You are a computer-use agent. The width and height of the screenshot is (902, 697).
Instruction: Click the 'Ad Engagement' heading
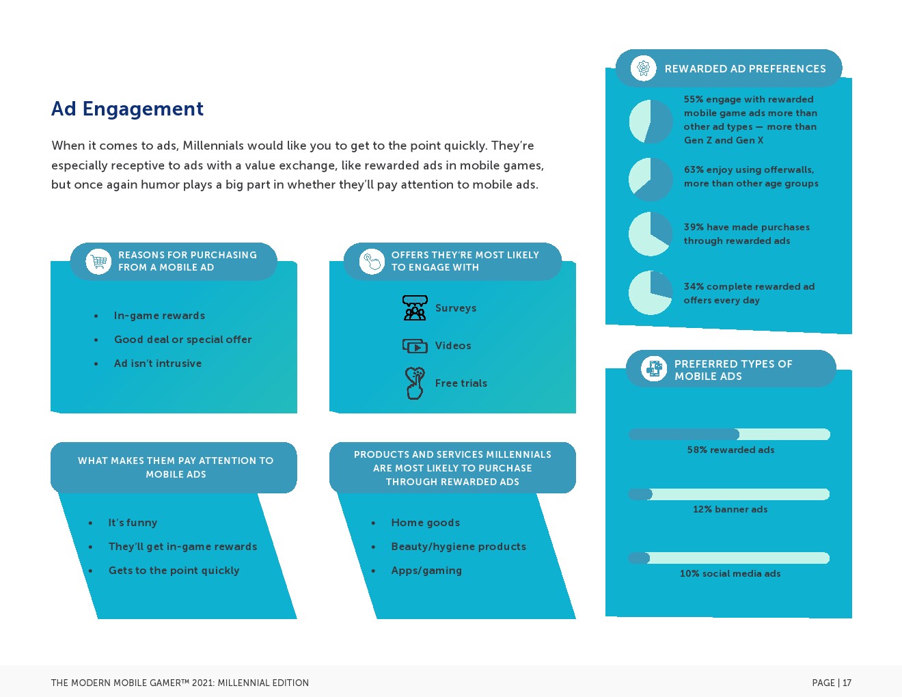pyautogui.click(x=127, y=109)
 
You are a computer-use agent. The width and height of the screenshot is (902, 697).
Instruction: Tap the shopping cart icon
pyautogui.click(x=98, y=262)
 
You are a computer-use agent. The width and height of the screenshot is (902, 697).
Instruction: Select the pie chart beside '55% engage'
pyautogui.click(x=651, y=121)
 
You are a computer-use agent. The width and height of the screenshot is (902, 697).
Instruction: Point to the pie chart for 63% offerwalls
pyautogui.click(x=651, y=179)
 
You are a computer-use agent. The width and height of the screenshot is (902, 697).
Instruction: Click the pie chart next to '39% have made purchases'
pyautogui.click(x=651, y=234)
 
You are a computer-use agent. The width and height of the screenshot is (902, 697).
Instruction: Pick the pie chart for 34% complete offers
pyautogui.click(x=651, y=292)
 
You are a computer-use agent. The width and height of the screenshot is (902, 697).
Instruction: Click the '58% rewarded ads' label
pyautogui.click(x=730, y=450)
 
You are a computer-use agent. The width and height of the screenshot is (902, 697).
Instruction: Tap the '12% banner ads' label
pyautogui.click(x=730, y=509)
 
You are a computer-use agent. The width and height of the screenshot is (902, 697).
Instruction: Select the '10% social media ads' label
pyautogui.click(x=730, y=573)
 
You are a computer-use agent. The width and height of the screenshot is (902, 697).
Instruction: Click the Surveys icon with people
pyautogui.click(x=415, y=307)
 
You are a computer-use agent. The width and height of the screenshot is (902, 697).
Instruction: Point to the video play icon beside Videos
pyautogui.click(x=415, y=346)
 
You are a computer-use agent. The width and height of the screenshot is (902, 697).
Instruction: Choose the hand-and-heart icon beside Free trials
pyautogui.click(x=415, y=383)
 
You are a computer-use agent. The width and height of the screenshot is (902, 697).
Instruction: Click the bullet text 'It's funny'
pyautogui.click(x=133, y=523)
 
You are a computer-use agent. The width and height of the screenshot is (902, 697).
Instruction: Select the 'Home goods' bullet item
pyautogui.click(x=426, y=523)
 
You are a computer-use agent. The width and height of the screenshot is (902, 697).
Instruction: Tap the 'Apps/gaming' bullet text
pyautogui.click(x=426, y=571)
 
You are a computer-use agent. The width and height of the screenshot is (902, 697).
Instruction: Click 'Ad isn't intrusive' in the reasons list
pyautogui.click(x=158, y=364)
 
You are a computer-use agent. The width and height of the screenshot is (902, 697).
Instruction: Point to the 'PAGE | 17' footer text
pyautogui.click(x=832, y=683)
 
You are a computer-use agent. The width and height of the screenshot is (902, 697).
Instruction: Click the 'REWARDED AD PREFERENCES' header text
pyautogui.click(x=745, y=69)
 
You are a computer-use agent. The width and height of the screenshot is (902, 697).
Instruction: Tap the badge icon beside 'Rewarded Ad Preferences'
pyautogui.click(x=644, y=68)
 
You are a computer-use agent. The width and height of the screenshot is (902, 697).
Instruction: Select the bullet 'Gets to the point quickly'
pyautogui.click(x=174, y=571)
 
